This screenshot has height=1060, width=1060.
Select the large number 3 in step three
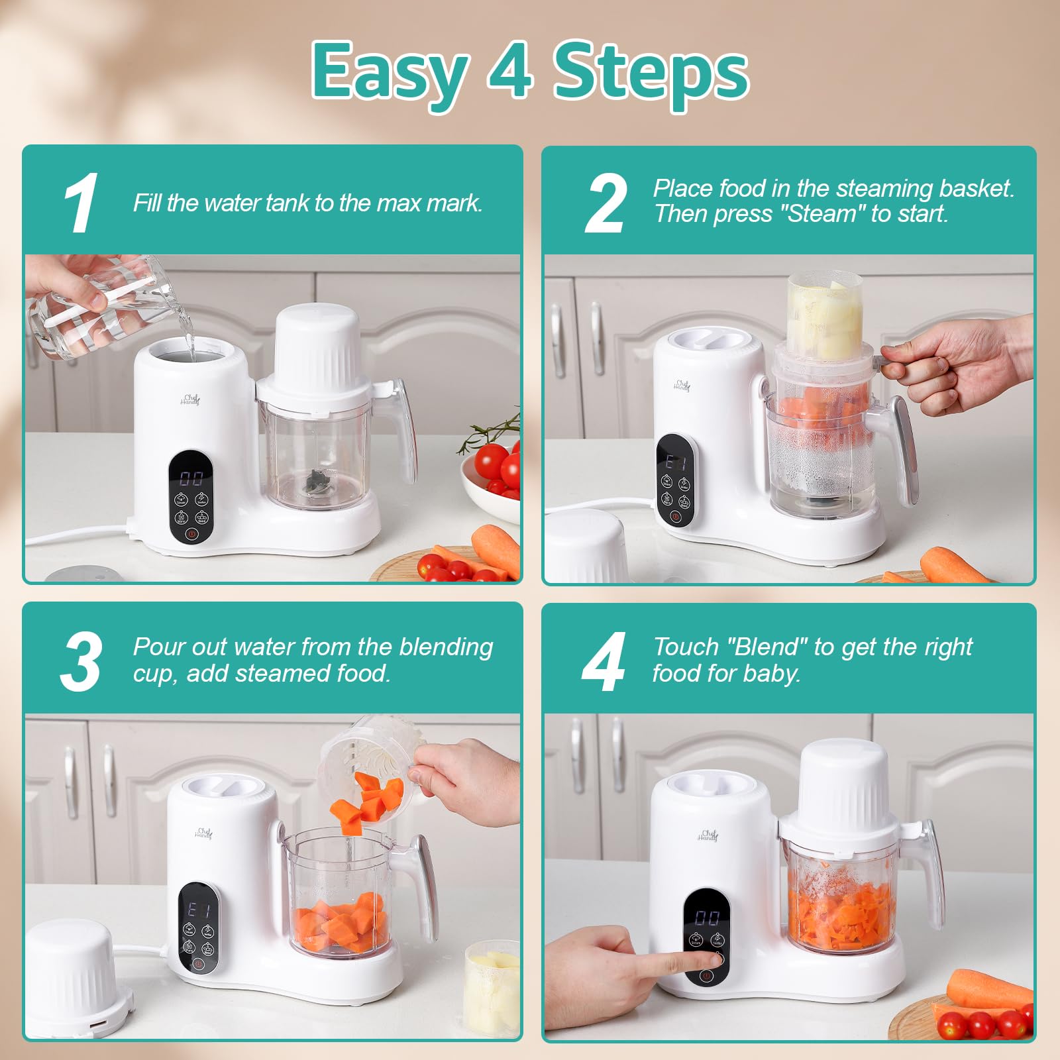pyautogui.click(x=81, y=661)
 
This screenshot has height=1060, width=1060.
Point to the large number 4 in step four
pyautogui.click(x=603, y=661)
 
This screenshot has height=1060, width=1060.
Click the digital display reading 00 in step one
pyautogui.click(x=191, y=478)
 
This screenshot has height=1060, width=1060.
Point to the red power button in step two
pyautogui.click(x=675, y=515)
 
